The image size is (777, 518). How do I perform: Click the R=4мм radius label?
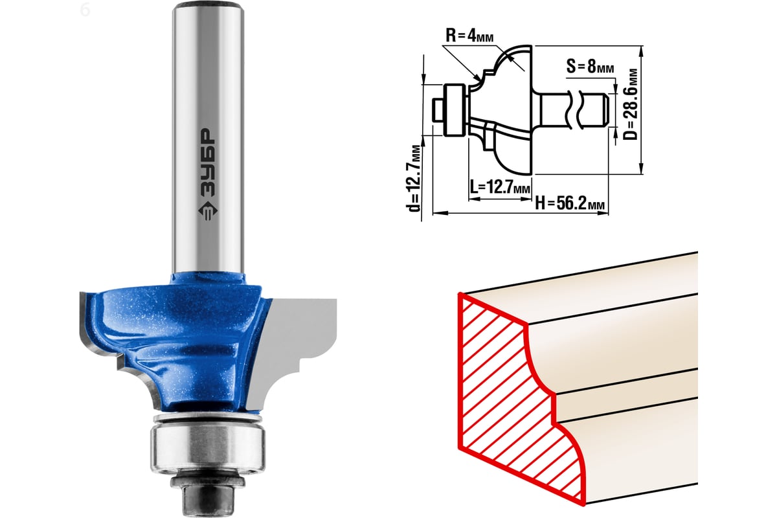pos(469,35)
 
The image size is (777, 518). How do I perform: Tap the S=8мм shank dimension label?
pos(590,66)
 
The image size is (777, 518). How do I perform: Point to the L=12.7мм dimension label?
pos(500,187)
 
